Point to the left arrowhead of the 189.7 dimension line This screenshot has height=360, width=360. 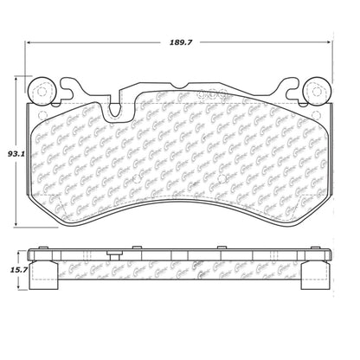tap(28, 41)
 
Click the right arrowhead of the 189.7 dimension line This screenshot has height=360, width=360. tap(333, 41)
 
